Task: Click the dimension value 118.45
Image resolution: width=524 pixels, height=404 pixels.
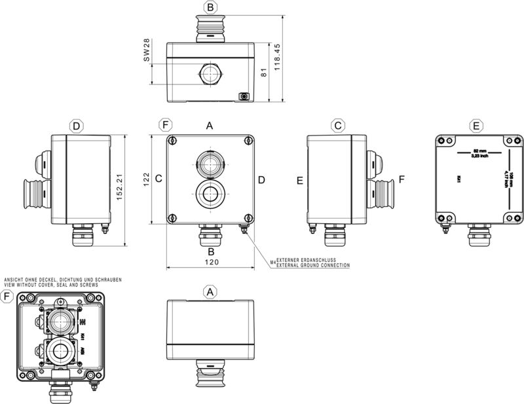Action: click(278, 57)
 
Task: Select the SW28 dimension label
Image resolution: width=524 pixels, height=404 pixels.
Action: click(147, 50)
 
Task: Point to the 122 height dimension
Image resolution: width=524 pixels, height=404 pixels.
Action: click(147, 179)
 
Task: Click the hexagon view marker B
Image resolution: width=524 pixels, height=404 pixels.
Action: click(210, 7)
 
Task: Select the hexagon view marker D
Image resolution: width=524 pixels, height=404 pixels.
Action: click(77, 125)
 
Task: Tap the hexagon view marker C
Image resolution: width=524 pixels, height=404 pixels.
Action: click(337, 125)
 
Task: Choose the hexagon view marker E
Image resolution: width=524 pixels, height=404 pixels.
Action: click(476, 125)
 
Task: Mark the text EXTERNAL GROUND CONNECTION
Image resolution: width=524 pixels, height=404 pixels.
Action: click(312, 265)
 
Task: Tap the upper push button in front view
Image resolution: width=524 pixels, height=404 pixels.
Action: click(210, 164)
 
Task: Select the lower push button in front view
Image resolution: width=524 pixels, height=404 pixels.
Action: click(210, 194)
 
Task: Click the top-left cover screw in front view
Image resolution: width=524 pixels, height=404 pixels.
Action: click(172, 141)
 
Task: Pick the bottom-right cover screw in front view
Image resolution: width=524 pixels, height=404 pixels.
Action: click(247, 218)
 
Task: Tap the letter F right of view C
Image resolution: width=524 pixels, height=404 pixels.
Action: click(402, 179)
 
